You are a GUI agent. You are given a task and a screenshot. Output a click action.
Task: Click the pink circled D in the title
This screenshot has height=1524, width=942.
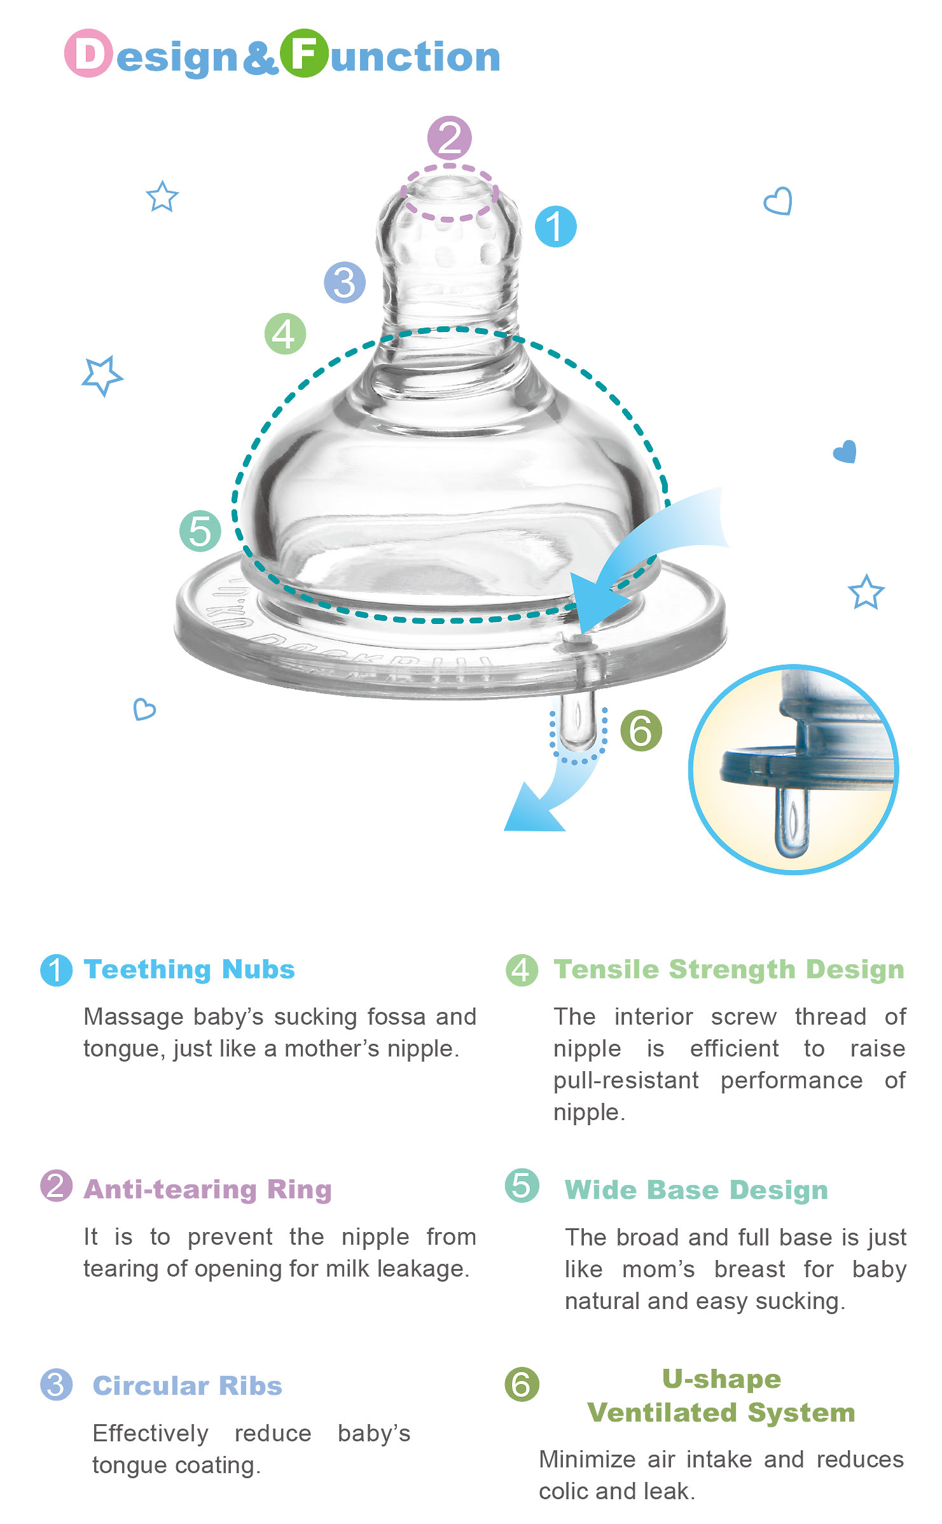click(x=88, y=53)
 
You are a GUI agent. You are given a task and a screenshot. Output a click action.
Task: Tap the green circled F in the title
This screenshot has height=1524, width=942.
click(x=304, y=53)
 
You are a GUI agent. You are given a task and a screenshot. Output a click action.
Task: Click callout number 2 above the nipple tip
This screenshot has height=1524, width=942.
click(x=449, y=137)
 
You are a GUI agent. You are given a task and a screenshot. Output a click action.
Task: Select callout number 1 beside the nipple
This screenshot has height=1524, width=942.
click(x=555, y=226)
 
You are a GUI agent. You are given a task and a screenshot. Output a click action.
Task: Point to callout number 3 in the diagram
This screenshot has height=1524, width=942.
click(x=344, y=282)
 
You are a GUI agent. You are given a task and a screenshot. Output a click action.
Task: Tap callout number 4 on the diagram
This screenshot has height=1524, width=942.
click(x=285, y=333)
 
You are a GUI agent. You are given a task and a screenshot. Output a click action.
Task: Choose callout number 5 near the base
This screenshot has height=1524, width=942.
click(x=200, y=531)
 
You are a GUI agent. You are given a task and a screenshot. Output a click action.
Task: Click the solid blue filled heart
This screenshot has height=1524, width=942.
click(x=845, y=452)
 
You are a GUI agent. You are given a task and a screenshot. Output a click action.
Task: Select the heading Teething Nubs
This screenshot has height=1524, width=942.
click(x=189, y=969)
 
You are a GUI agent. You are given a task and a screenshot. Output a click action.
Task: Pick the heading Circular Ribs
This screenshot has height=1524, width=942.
click(x=187, y=1385)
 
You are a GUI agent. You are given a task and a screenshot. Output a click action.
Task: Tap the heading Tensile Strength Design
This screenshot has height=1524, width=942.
click(x=728, y=969)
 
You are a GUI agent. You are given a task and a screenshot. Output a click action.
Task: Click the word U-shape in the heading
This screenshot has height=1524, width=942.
click(x=721, y=1378)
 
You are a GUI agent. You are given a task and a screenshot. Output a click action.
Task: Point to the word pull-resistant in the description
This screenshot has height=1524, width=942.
click(x=626, y=1080)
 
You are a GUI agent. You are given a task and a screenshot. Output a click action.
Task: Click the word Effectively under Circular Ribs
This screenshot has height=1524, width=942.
click(x=150, y=1433)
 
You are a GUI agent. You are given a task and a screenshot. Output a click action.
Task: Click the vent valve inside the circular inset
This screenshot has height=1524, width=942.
click(x=792, y=821)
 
